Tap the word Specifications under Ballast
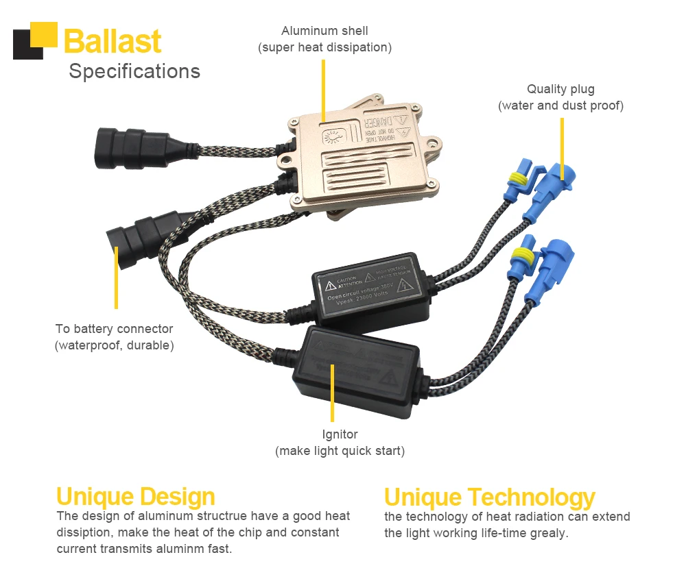pos(134,71)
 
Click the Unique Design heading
pos(135,496)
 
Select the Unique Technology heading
pos(489,497)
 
